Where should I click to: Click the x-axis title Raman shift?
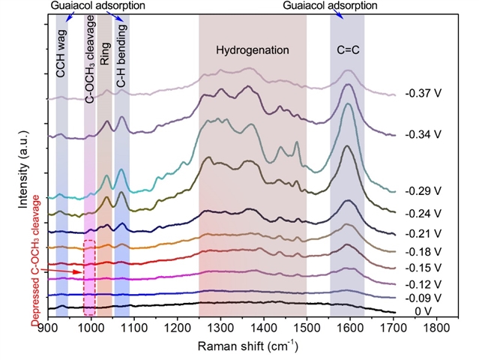(x=247, y=346)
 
